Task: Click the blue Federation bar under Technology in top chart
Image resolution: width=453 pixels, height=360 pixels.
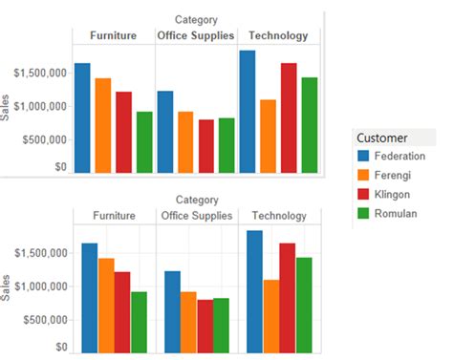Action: coord(247,112)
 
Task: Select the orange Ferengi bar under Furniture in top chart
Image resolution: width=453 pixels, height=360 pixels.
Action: coord(102,125)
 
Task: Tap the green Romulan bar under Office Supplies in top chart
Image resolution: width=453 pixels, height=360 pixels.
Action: coord(226,145)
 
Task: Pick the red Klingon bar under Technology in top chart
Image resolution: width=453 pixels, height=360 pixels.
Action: coord(288,117)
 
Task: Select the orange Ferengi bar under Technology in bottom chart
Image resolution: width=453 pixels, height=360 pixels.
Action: coord(271,316)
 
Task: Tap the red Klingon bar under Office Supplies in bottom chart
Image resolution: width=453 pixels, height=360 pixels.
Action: coord(205,326)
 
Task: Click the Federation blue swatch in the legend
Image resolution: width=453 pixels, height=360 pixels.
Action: coord(362,156)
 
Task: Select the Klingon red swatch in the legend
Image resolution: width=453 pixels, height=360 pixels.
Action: coord(362,194)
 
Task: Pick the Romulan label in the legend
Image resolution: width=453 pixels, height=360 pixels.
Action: coord(397,213)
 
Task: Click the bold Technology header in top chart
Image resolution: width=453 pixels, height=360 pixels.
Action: coord(278,36)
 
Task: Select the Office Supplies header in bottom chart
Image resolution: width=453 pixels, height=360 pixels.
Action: coord(196,216)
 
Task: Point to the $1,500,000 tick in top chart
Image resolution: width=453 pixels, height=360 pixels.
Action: coord(39,73)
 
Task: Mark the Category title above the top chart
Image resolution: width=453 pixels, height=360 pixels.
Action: coord(196,19)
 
